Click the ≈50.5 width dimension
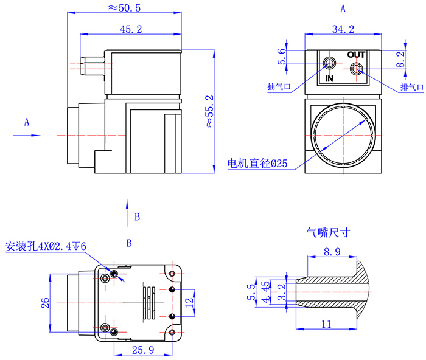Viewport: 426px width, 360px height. click(124, 8)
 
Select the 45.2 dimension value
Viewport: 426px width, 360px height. click(131, 29)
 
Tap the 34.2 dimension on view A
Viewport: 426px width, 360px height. click(343, 29)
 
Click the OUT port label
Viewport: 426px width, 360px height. click(356, 55)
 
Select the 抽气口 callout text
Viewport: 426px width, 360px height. click(279, 86)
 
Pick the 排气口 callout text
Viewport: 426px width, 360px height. click(411, 87)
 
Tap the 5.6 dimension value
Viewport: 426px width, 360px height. click(281, 57)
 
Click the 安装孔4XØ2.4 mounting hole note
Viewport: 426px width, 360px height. click(46, 246)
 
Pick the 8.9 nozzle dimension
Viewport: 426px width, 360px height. click(333, 252)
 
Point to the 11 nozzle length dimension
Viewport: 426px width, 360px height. click(327, 324)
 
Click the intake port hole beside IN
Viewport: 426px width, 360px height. click(329, 63)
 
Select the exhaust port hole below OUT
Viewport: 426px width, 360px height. click(357, 69)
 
